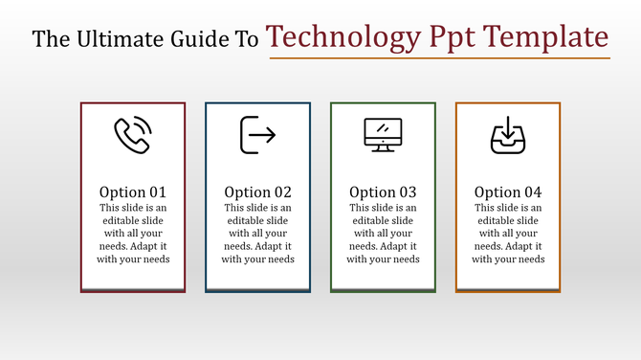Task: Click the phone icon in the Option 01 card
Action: click(133, 135)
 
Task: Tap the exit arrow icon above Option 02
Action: click(257, 135)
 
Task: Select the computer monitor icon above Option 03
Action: click(383, 135)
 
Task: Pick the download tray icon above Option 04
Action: click(508, 135)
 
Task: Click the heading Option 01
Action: click(133, 191)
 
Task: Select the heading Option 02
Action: click(257, 191)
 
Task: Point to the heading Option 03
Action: click(383, 191)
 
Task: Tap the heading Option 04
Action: click(508, 191)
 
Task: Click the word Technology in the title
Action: click(342, 37)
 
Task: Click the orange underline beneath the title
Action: click(439, 58)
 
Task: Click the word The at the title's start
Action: click(50, 39)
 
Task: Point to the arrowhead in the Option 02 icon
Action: click(272, 135)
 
